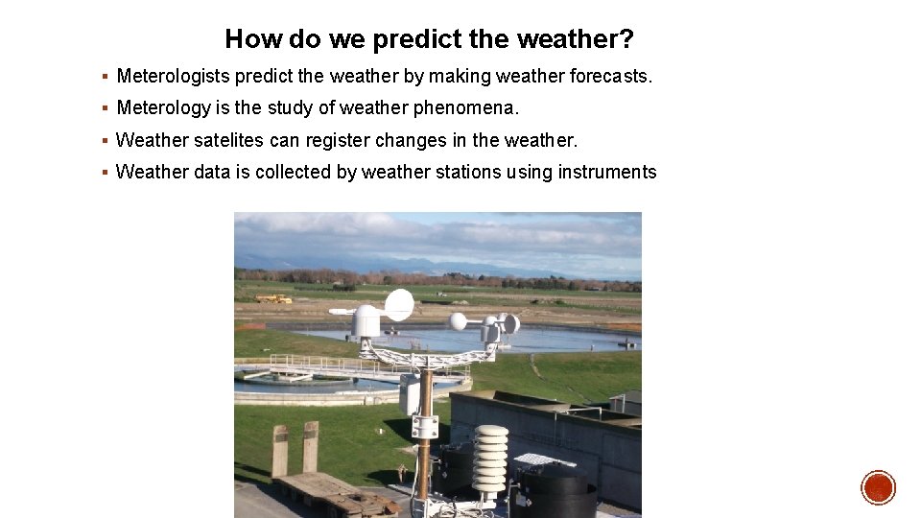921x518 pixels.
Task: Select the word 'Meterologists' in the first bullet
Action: coord(174,76)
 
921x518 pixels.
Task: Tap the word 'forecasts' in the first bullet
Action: coord(609,76)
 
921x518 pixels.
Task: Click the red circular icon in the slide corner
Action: coord(878,488)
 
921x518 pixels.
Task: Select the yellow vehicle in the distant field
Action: coord(273,298)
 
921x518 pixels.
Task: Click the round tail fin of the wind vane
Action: coord(399,305)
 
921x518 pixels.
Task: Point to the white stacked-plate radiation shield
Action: coord(491,458)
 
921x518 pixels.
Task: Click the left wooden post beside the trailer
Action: coord(279,450)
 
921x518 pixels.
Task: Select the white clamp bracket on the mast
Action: coord(424,427)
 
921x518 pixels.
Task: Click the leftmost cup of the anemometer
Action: coord(459,321)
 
